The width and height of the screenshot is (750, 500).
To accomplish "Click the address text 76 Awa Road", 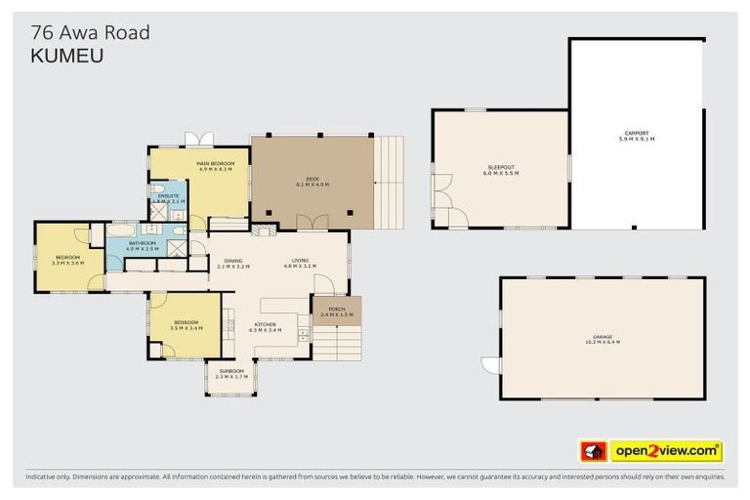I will pyautogui.click(x=91, y=32).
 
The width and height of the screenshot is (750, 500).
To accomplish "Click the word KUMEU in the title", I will pyautogui.click(x=67, y=57).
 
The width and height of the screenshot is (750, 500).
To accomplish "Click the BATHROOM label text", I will pyautogui.click(x=142, y=245).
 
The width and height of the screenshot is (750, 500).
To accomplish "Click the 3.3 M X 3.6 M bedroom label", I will pyautogui.click(x=68, y=260).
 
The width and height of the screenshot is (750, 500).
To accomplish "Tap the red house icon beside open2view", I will pyautogui.click(x=593, y=451).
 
